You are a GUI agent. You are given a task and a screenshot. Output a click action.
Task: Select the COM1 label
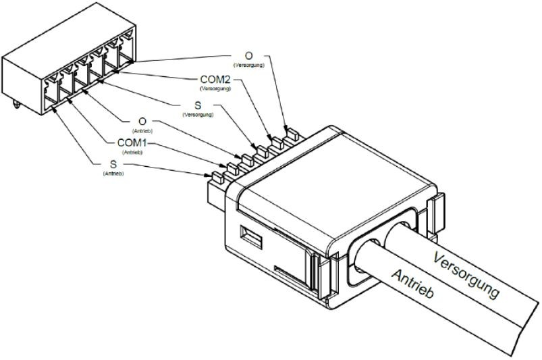click(x=131, y=144)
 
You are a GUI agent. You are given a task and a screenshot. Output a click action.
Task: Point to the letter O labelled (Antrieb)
click(x=142, y=122)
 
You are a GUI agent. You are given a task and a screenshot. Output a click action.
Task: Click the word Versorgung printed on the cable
click(x=467, y=276)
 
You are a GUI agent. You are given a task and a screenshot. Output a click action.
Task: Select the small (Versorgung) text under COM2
click(x=215, y=88)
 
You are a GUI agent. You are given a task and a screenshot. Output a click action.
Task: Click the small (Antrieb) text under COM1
click(x=132, y=153)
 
